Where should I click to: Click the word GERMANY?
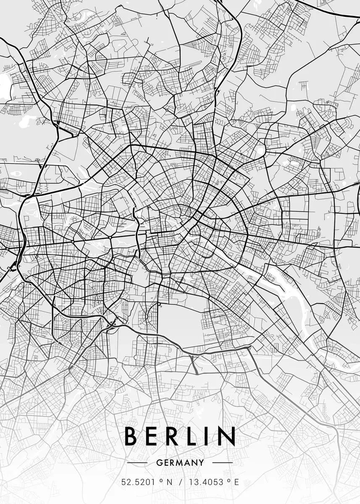[180, 463]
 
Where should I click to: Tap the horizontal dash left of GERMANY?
[137, 463]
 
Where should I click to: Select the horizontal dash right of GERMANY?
[222, 463]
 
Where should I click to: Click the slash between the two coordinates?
[181, 482]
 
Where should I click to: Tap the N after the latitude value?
[169, 482]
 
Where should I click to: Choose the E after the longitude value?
[236, 482]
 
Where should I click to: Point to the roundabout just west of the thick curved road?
[110, 237]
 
